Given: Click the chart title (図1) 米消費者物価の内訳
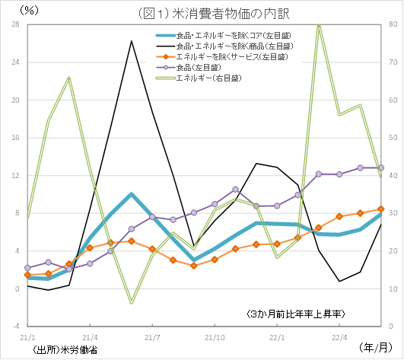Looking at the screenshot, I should coord(202,12).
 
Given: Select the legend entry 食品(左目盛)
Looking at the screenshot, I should coord(192,68).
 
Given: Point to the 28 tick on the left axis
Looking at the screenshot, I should coord(15,24).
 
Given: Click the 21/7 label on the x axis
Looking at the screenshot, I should coord(152,336).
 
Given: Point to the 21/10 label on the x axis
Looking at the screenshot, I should coord(215,336).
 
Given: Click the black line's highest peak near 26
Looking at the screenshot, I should coord(132,41).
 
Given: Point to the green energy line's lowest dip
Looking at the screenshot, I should coord(132,303).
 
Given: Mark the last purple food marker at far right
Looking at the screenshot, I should coord(381,167).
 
